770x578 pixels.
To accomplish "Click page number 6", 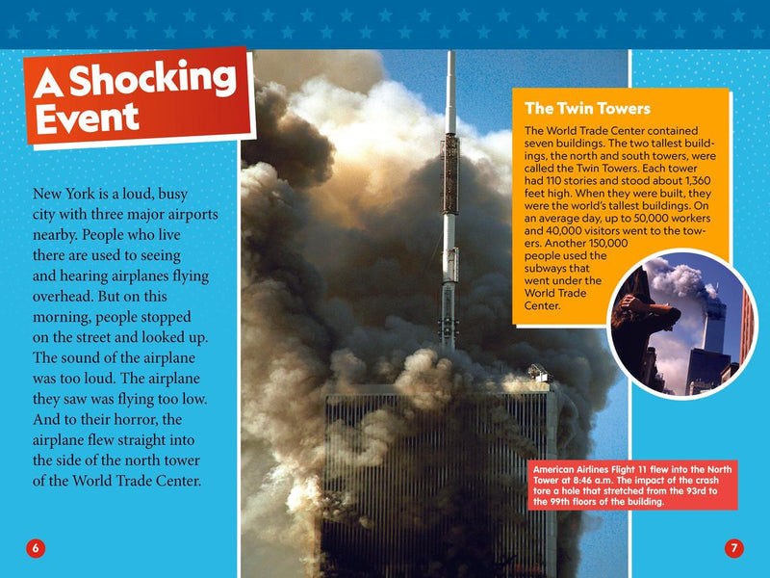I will pos(36,548).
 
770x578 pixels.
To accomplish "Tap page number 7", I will pos(733,548).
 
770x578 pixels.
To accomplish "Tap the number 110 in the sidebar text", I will pos(552,179).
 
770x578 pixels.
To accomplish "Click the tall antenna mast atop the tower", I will pos(449,193).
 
